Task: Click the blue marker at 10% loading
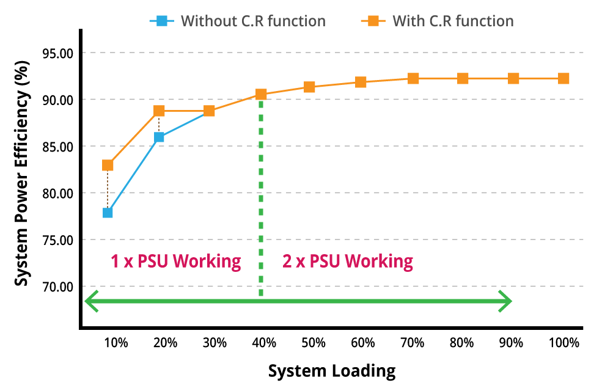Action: (x=108, y=213)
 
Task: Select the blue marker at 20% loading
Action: (x=159, y=137)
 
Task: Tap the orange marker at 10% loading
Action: (x=108, y=165)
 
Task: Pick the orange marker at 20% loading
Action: (x=159, y=111)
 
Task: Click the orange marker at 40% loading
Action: (x=261, y=94)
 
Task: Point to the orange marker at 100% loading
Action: (x=563, y=78)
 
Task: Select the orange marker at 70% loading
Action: (x=413, y=78)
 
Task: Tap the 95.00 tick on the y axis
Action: (x=56, y=53)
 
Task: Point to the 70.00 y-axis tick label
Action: (x=56, y=287)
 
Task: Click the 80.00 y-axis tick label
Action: (x=56, y=193)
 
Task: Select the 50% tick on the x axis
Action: (x=313, y=343)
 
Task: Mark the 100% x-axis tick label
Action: (x=563, y=343)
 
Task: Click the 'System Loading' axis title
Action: (x=332, y=371)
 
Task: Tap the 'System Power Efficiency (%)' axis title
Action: (x=22, y=173)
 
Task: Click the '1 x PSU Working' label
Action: (x=175, y=261)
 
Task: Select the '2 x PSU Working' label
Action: (x=347, y=261)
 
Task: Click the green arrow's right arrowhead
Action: (x=505, y=301)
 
